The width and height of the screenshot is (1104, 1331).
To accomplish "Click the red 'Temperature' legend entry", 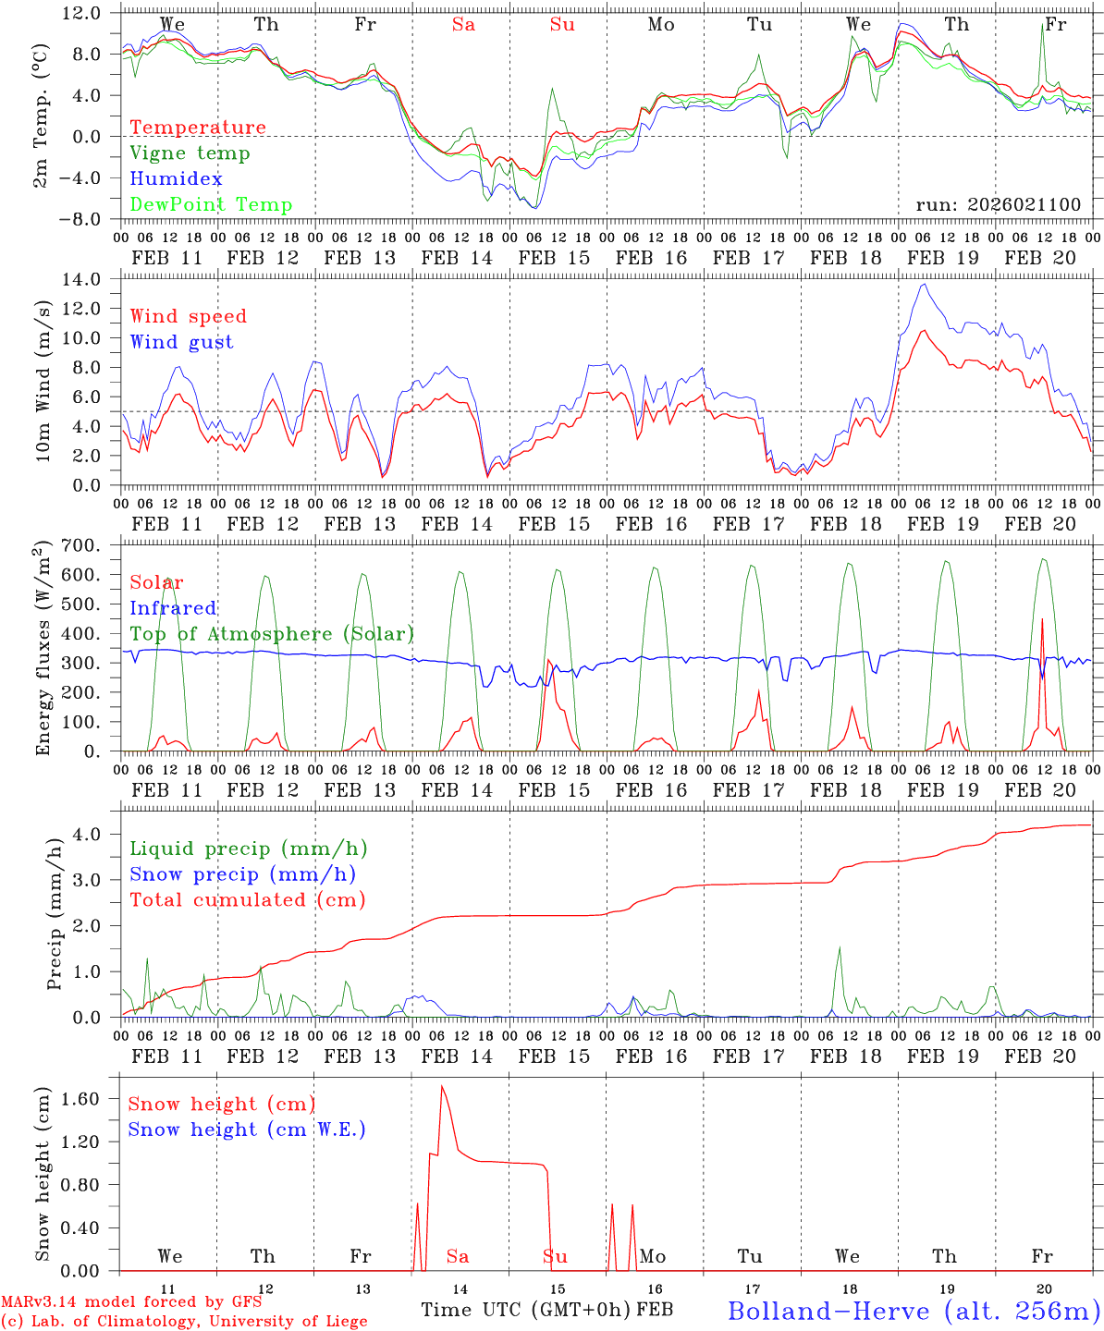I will point(197,128).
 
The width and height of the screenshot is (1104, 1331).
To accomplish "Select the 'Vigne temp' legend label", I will point(190,153).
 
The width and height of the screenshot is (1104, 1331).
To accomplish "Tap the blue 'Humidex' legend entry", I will point(176,179).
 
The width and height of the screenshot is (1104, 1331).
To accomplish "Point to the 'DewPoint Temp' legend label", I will point(211,205).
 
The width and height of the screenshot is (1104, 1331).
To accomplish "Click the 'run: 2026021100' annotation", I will point(998,205).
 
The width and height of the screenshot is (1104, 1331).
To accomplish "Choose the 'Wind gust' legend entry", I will point(181,342).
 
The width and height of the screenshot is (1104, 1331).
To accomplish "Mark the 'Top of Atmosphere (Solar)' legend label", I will point(271,634).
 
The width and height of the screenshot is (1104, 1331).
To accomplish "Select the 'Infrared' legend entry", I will point(173,608).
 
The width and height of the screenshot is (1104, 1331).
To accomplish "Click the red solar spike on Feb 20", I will point(1042,621).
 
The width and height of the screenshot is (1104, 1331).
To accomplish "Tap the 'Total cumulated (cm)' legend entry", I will point(247,900).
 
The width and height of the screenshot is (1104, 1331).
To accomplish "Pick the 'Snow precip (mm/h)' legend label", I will point(242,874).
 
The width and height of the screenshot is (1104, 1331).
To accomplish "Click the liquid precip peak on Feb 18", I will point(840,948).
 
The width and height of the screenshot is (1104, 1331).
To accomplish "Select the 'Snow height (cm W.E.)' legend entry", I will point(246,1130).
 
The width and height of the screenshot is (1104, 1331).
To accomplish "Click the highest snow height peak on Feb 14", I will point(442,1086).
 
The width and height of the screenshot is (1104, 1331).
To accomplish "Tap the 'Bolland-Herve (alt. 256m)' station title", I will point(914,1311).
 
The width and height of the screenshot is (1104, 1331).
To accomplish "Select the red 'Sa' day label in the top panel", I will point(463,25).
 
